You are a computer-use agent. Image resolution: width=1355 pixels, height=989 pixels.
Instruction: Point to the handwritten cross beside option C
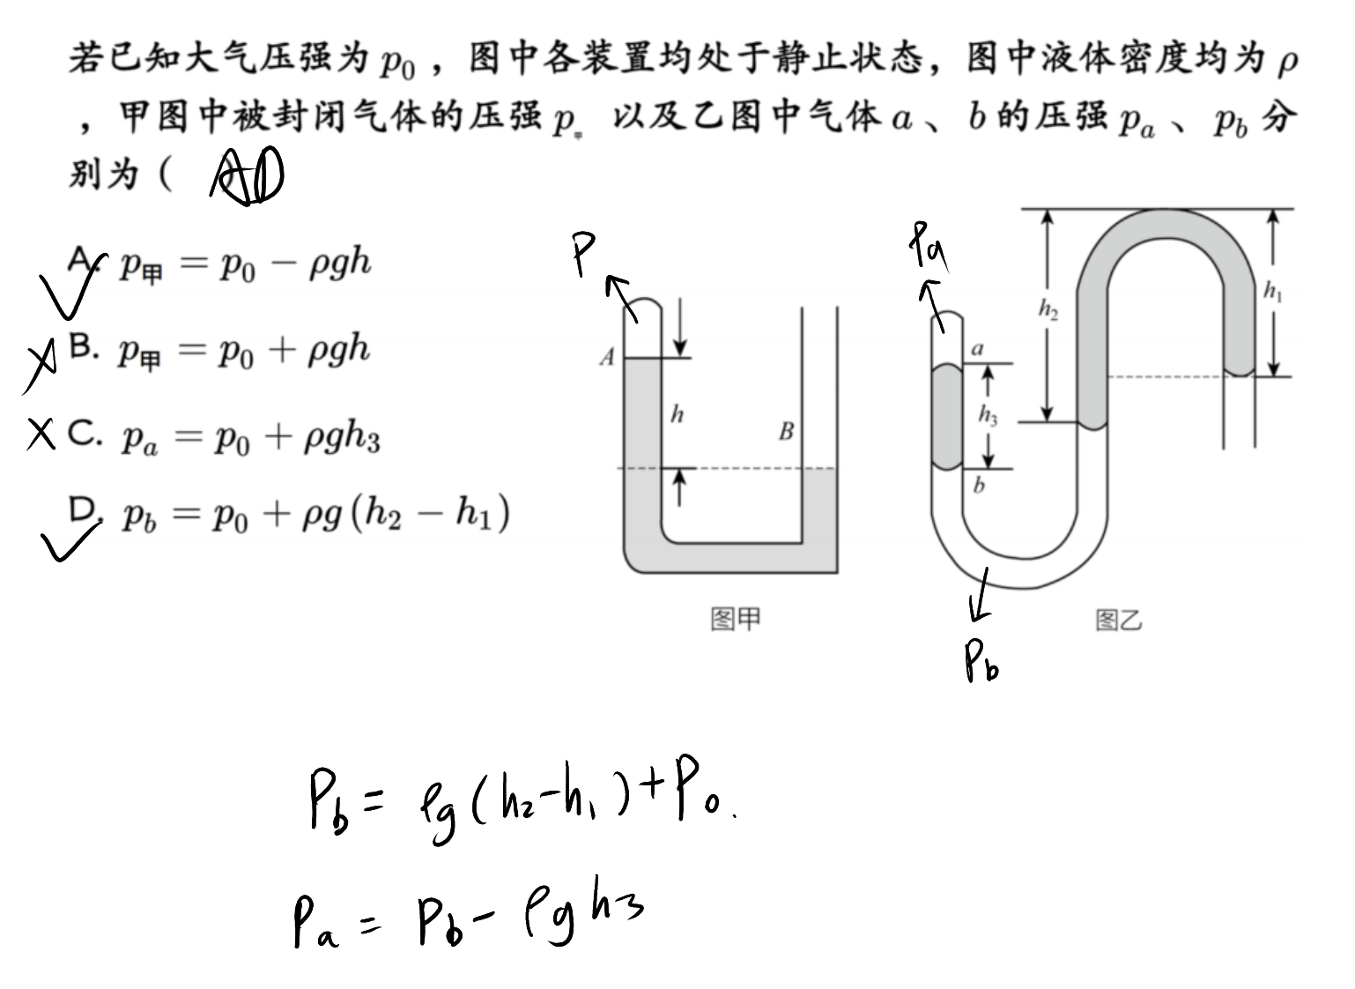[41, 434]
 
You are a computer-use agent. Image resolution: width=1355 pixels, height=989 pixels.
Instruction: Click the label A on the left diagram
[607, 357]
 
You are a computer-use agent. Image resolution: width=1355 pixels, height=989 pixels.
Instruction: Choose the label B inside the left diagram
[786, 432]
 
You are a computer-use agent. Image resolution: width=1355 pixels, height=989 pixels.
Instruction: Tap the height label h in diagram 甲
[677, 414]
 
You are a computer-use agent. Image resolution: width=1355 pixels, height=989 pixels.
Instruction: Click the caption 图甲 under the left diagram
[736, 619]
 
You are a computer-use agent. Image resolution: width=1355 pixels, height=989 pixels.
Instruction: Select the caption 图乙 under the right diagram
[1119, 621]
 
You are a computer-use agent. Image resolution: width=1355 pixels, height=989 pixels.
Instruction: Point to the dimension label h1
[1273, 292]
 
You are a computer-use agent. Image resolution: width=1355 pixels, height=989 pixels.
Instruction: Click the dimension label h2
[1048, 309]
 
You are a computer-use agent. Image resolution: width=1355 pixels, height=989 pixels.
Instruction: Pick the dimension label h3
[988, 416]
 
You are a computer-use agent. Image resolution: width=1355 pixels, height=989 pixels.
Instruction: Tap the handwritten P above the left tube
[584, 254]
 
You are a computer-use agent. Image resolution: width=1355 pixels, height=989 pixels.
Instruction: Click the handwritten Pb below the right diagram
[981, 661]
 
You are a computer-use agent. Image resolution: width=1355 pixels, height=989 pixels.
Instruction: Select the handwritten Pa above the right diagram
[929, 245]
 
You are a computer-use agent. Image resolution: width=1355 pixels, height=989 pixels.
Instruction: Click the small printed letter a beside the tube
[978, 349]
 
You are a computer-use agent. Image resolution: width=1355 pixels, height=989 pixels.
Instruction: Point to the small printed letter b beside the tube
[979, 485]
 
